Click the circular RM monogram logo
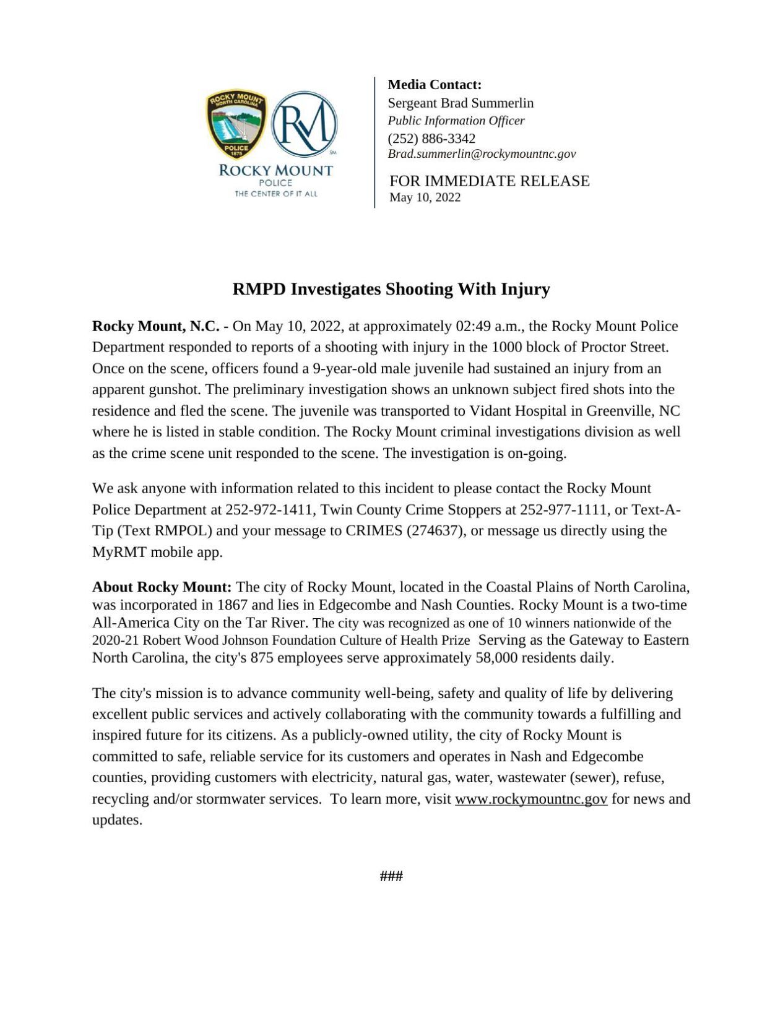[305, 124]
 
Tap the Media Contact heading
[434, 85]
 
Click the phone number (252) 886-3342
[431, 138]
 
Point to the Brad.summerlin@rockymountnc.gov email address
[481, 154]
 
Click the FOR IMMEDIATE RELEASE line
[489, 181]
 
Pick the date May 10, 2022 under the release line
[424, 197]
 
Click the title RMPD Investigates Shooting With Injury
[391, 289]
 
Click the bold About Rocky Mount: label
[162, 587]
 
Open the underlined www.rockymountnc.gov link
[530, 799]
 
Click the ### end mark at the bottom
[391, 876]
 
